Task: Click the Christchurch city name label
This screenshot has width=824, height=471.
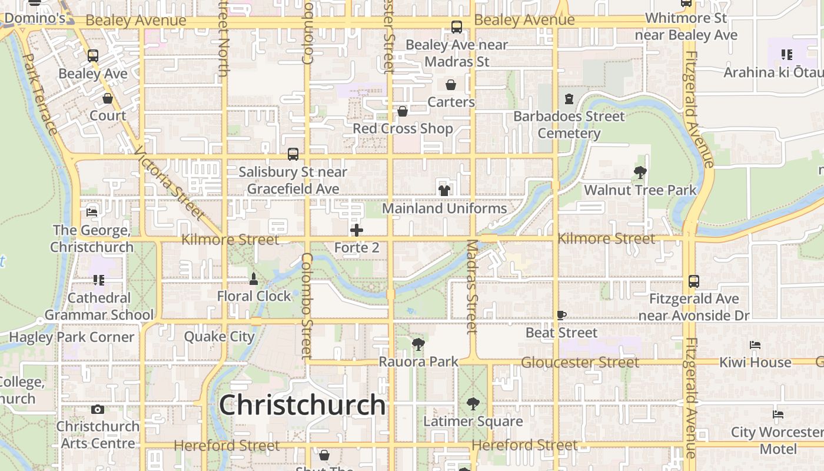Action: (302, 405)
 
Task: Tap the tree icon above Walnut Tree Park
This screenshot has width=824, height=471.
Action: (640, 173)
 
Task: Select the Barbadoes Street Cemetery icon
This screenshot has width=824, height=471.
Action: (569, 98)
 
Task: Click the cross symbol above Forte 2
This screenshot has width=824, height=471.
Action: (356, 230)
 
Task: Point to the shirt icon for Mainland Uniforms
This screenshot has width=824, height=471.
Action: (444, 190)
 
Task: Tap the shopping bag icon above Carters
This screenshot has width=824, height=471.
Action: (451, 85)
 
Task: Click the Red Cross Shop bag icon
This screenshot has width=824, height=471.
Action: (403, 111)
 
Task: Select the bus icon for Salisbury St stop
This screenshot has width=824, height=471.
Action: (293, 154)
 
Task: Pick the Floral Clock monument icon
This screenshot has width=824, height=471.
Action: (254, 278)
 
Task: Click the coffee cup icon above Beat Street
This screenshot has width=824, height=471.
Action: (561, 316)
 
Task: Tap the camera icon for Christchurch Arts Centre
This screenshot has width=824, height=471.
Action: (98, 409)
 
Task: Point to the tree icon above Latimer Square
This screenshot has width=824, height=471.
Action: (473, 404)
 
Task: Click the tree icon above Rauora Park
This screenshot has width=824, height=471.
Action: (418, 344)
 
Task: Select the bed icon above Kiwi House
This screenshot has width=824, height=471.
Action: (755, 345)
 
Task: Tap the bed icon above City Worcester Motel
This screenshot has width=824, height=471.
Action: (778, 414)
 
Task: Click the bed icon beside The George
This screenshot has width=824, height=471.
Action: (91, 212)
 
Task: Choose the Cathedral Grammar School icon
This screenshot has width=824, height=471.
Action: (98, 280)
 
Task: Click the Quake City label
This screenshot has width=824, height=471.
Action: (219, 337)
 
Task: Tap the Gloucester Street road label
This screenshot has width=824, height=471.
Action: (580, 362)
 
